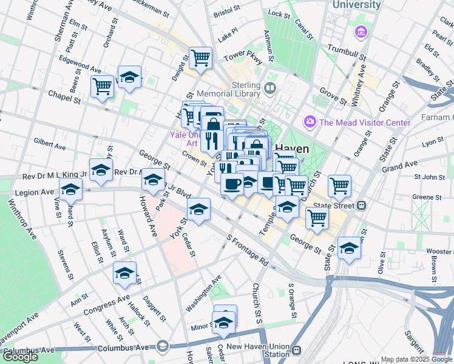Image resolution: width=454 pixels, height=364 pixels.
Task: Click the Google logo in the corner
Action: click(20, 357)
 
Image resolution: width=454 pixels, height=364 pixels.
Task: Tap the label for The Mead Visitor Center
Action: click(365, 123)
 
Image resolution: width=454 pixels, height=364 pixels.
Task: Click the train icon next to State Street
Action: click(363, 205)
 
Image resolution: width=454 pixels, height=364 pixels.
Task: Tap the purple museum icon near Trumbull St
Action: click(361, 31)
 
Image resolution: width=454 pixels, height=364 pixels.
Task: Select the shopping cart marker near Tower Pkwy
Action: click(200, 58)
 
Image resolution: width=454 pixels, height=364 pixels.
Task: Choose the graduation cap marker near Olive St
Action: click(350, 247)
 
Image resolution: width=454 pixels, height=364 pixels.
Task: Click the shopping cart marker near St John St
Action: click(340, 185)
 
